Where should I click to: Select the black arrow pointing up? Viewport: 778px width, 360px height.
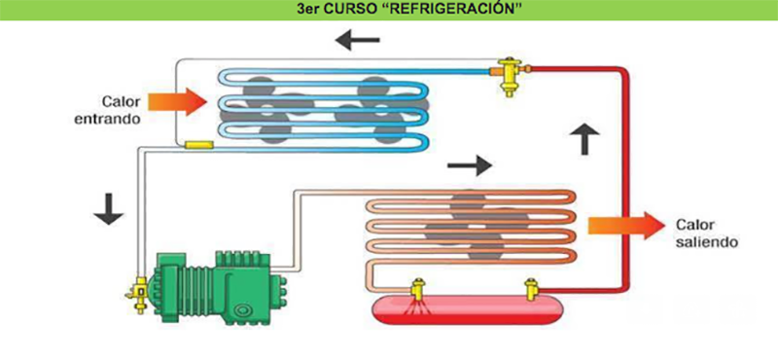(584, 139)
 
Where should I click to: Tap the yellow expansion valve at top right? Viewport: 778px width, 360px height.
(506, 74)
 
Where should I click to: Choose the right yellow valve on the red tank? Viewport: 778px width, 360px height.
(531, 289)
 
